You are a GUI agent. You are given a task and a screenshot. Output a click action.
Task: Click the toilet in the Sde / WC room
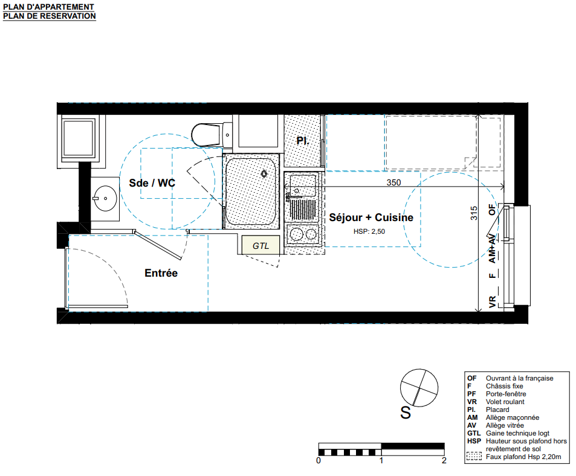click(x=212, y=135)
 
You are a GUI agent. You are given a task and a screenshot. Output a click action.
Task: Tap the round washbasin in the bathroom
click(x=105, y=199)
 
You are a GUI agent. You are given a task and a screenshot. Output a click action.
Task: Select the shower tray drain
click(x=264, y=173)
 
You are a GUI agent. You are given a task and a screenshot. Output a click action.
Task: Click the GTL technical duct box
click(x=260, y=245)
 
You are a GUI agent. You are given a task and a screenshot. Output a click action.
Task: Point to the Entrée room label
click(x=161, y=273)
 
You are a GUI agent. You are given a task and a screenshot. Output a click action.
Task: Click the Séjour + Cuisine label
click(x=371, y=217)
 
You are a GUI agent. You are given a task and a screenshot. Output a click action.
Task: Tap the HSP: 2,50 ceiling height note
click(x=369, y=231)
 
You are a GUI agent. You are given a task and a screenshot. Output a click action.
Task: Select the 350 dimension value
click(x=393, y=182)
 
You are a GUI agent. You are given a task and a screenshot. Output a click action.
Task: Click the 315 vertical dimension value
click(x=474, y=213)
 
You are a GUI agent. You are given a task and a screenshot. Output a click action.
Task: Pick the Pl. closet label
click(x=303, y=141)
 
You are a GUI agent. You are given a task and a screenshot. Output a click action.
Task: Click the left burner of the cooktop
click(x=296, y=234)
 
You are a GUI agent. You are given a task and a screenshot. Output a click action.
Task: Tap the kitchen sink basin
click(x=303, y=185)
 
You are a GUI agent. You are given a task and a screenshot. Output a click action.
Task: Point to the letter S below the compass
click(x=406, y=413)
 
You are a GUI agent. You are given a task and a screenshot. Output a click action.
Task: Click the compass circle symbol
click(x=419, y=388)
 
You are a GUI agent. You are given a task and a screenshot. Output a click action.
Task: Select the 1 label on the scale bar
click(x=381, y=460)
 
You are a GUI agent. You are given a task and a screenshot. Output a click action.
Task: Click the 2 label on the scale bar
click(x=444, y=460)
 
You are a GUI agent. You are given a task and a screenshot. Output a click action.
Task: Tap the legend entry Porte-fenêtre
click(x=505, y=394)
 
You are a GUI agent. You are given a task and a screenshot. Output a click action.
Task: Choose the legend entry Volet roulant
click(x=505, y=402)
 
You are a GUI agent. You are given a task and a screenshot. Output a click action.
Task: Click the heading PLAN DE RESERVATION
click(x=49, y=16)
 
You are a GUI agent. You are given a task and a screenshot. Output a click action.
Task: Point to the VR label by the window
click(x=493, y=301)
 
